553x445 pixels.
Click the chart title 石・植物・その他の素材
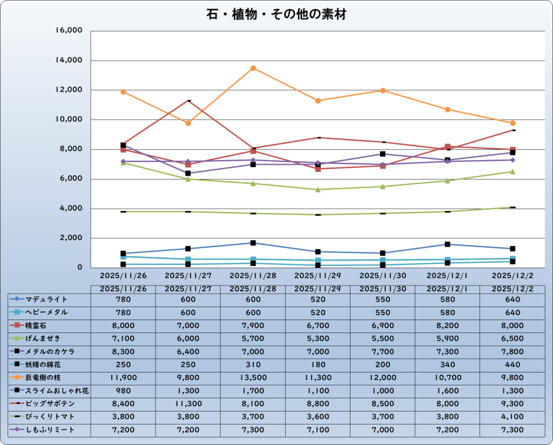coord(276,15)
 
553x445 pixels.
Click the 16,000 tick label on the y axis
coord(69,31)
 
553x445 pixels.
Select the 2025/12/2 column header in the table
coord(512,289)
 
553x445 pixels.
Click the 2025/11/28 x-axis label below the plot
coord(253,275)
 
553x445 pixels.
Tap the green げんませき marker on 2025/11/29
coord(318,189)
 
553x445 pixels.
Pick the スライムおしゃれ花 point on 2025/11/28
coord(253,243)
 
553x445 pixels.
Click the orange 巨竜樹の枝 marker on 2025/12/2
coord(512,123)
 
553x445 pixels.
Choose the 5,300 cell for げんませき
coord(318,338)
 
